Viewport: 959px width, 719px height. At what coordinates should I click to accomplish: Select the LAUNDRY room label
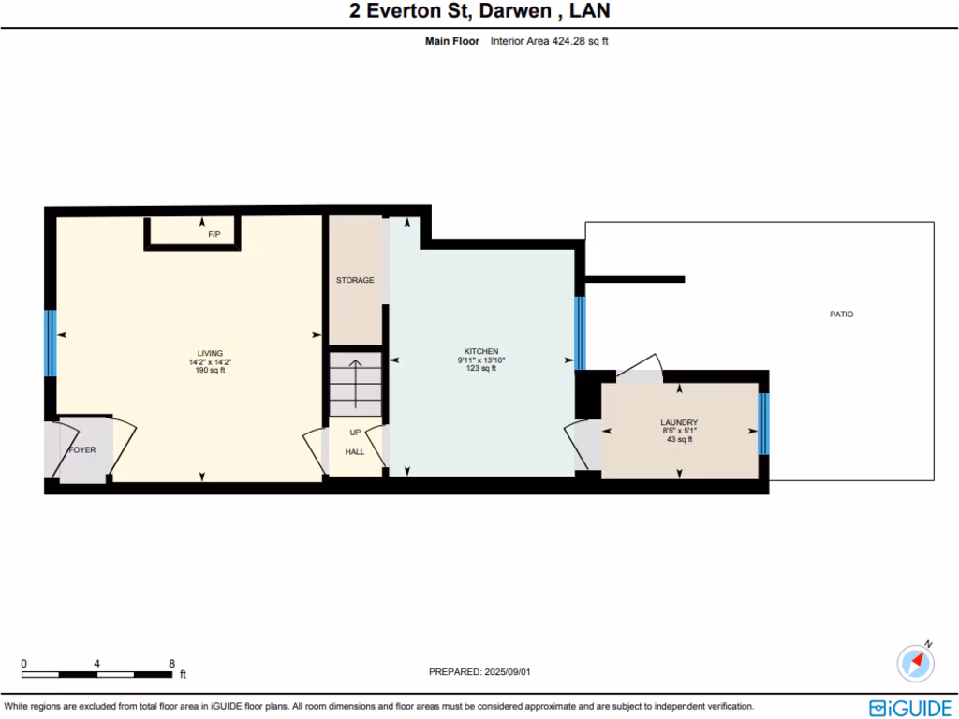[679, 422]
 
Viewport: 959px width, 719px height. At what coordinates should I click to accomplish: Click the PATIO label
[841, 315]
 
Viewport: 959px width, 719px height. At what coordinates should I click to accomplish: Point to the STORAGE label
[355, 280]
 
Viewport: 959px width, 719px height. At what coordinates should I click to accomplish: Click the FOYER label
[82, 449]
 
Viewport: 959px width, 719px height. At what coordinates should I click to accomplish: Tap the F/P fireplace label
[214, 234]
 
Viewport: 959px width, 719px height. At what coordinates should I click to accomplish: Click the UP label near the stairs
[355, 433]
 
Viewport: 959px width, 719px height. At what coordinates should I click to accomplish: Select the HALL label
[355, 451]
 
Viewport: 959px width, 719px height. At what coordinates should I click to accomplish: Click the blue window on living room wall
[50, 343]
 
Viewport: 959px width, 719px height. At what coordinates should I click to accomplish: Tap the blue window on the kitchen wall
[580, 332]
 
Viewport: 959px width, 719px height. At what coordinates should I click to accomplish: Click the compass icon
[915, 663]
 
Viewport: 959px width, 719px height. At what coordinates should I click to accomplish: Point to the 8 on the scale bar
[171, 662]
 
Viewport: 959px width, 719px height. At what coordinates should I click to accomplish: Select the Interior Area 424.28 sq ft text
[549, 41]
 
